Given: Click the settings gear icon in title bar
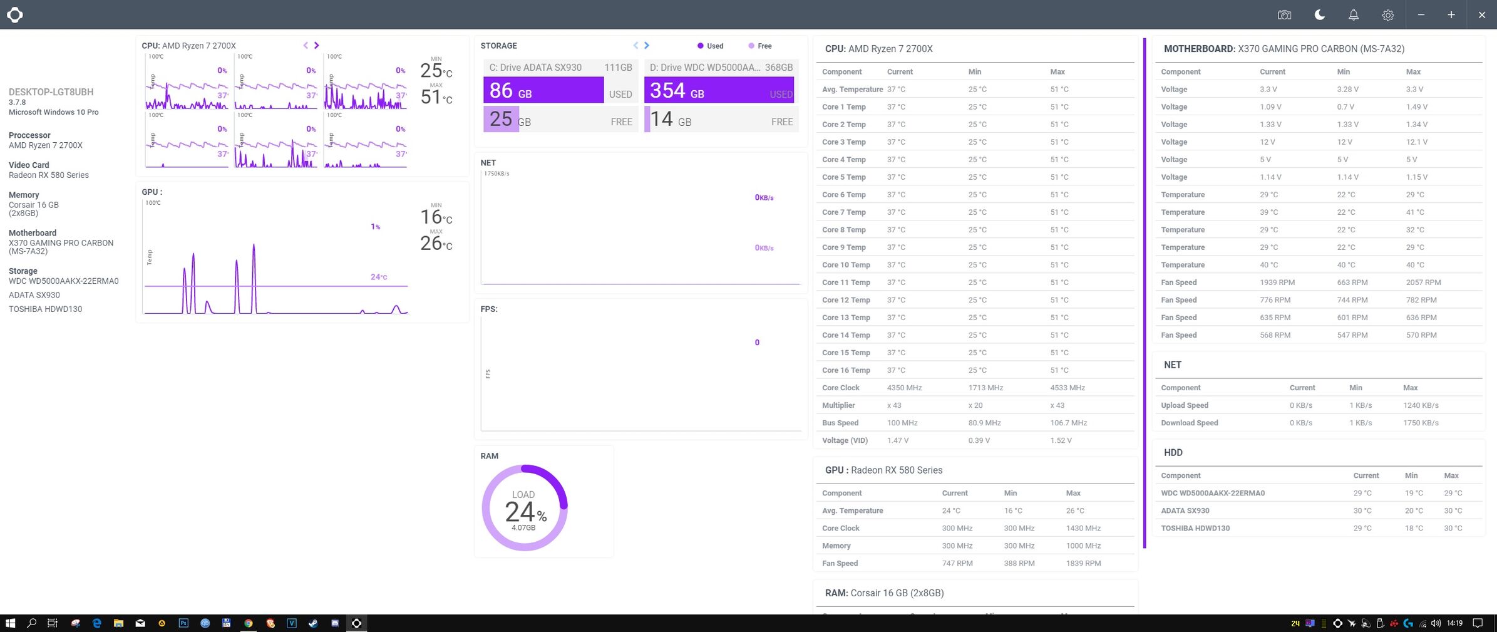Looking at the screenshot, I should pyautogui.click(x=1387, y=15).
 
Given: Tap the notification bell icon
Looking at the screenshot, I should pyautogui.click(x=1353, y=15).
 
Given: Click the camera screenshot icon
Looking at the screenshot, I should pyautogui.click(x=1284, y=15).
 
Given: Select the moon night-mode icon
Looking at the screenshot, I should pyautogui.click(x=1319, y=15).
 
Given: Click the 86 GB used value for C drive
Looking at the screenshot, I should pyautogui.click(x=510, y=91).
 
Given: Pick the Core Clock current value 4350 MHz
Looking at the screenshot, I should pyautogui.click(x=904, y=388).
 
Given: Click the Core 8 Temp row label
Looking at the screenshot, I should pyautogui.click(x=843, y=230).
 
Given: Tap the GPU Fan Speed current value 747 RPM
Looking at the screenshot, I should pyautogui.click(x=957, y=563).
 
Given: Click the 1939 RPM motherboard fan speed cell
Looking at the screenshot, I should pyautogui.click(x=1277, y=282).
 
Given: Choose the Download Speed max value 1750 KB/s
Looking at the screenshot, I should pyautogui.click(x=1420, y=423).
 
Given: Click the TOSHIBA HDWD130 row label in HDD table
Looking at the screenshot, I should pyautogui.click(x=1195, y=528).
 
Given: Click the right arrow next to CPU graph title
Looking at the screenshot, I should pyautogui.click(x=316, y=45).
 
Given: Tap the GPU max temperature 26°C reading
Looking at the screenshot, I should pyautogui.click(x=436, y=243).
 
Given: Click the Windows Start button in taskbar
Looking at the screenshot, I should pyautogui.click(x=10, y=623).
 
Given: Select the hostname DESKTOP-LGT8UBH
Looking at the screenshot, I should pyautogui.click(x=51, y=92).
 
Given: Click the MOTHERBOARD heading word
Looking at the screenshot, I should pyautogui.click(x=1198, y=49).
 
